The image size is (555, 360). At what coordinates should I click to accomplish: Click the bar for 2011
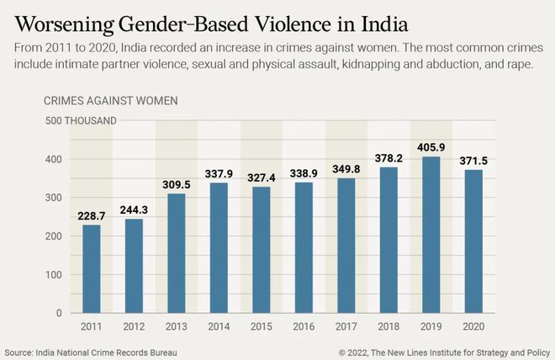91,269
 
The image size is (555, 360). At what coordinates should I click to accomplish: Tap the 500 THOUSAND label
80,120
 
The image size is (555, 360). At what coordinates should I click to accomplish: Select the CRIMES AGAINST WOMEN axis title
110,101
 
